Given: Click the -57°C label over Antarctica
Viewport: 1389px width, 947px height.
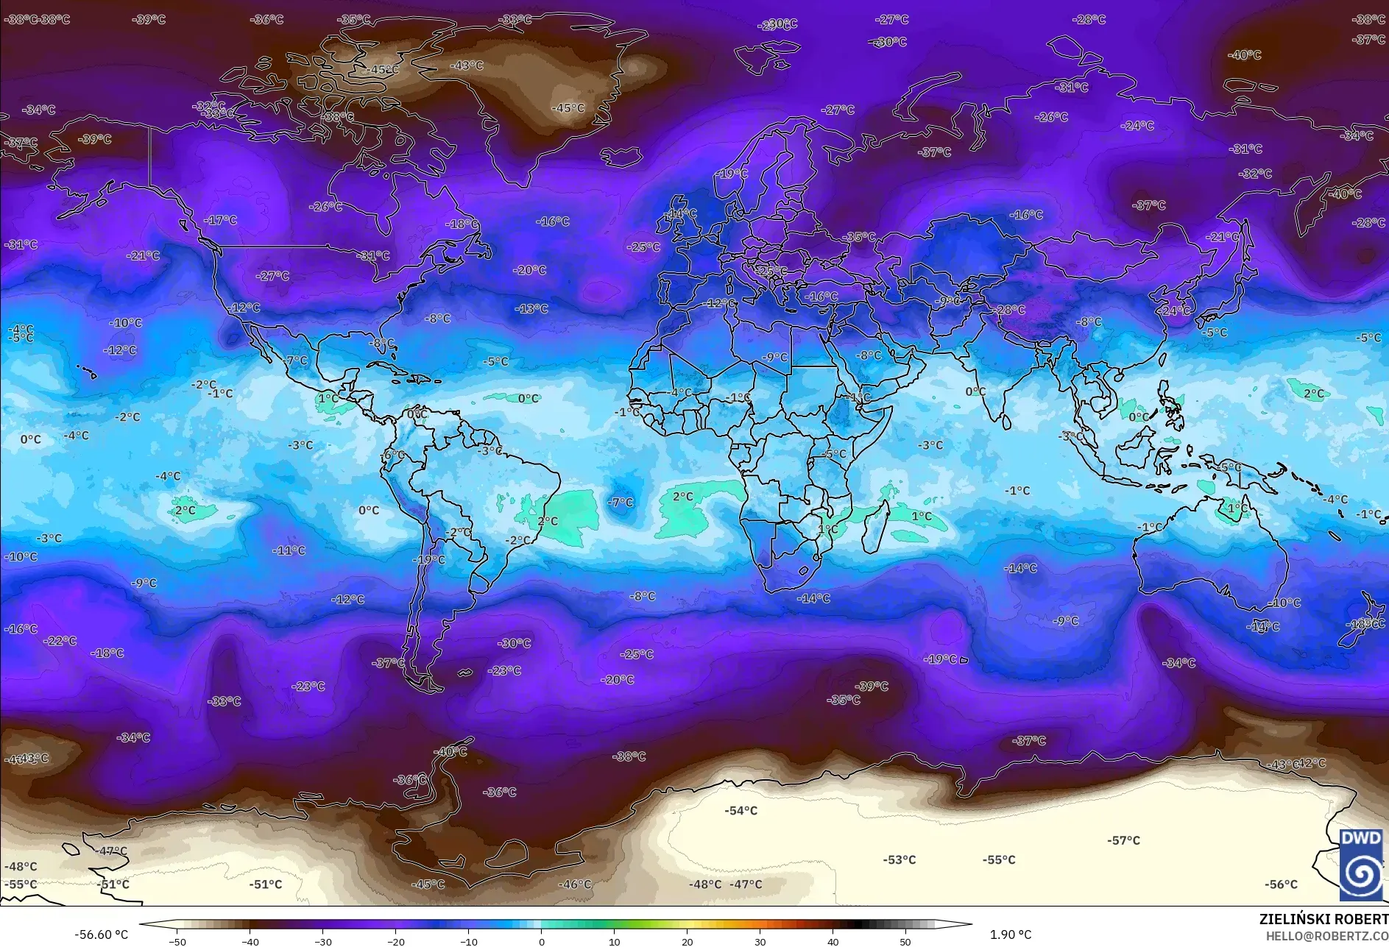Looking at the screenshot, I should point(1123,840).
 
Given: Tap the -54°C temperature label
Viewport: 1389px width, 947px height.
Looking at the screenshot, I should point(741,811).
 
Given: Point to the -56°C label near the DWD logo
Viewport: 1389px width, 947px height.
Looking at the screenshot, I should point(1281,884).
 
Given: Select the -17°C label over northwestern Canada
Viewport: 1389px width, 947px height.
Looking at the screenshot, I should point(221,220).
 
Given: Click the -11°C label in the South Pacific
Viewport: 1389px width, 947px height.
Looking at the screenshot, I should point(289,550).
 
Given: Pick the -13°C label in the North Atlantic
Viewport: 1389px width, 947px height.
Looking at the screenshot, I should point(531,309).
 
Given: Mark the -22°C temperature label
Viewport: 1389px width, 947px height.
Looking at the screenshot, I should point(60,641).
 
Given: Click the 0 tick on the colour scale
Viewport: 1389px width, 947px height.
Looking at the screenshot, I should point(542,941).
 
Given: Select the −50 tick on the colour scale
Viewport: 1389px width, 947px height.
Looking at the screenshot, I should point(177,941).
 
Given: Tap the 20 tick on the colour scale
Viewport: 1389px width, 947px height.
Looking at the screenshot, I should point(687,941).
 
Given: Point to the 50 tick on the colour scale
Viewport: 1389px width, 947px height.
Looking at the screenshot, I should point(905,941).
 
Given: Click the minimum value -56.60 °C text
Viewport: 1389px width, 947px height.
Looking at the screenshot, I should point(101,934).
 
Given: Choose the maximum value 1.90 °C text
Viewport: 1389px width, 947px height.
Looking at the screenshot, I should point(1010,934).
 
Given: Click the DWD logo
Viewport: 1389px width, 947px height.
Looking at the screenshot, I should point(1360,864).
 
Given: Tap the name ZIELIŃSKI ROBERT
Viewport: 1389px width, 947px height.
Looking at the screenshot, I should point(1323,919).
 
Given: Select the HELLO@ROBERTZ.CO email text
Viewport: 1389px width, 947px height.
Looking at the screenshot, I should point(1326,936).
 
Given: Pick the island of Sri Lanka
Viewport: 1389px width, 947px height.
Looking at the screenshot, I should point(1006,421).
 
